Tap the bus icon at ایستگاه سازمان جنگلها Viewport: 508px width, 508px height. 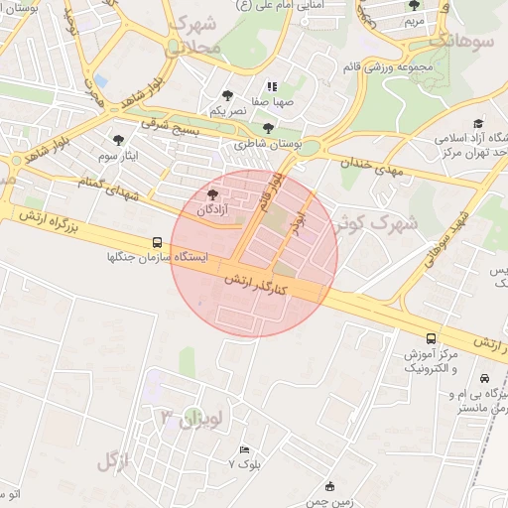[x=157, y=241]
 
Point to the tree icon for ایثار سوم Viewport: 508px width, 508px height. [x=120, y=140]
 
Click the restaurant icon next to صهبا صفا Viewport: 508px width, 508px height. [x=271, y=87]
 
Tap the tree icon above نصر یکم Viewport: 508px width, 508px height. [x=227, y=96]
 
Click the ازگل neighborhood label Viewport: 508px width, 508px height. [x=114, y=459]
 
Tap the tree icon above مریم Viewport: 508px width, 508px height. [x=414, y=6]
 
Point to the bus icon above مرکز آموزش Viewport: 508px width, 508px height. [x=431, y=338]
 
